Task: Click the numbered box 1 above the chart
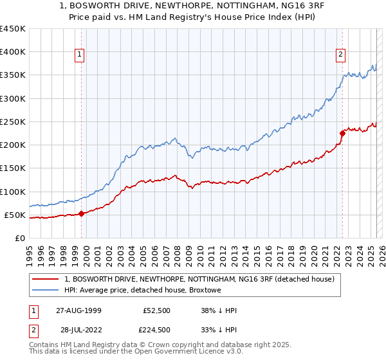pyautogui.click(x=79, y=55)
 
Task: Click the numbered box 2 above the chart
pyautogui.click(x=340, y=55)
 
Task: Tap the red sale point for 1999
pyautogui.click(x=82, y=213)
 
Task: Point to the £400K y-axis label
pyautogui.click(x=13, y=52)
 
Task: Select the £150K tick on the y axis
pyautogui.click(x=13, y=168)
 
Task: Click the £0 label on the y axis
pyautogui.click(x=19, y=238)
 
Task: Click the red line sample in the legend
pyautogui.click(x=46, y=280)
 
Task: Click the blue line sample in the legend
pyautogui.click(x=46, y=291)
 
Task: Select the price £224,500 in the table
pyautogui.click(x=156, y=329)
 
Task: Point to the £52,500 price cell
pyautogui.click(x=156, y=311)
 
